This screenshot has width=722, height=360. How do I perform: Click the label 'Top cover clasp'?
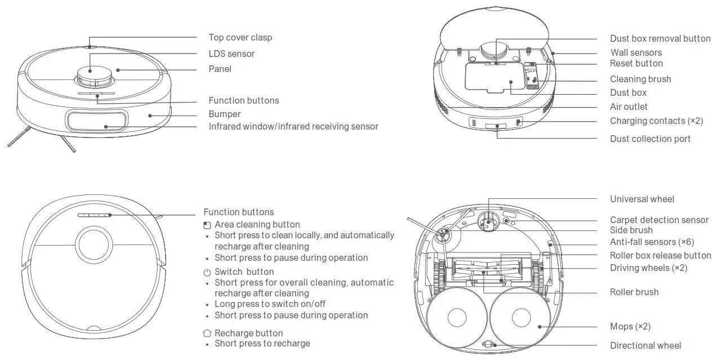pyautogui.click(x=240, y=37)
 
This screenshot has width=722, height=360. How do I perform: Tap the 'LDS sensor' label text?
pyautogui.click(x=231, y=54)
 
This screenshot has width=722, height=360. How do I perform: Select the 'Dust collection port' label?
pyautogui.click(x=650, y=139)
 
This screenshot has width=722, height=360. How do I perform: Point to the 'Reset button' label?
pyautogui.click(x=636, y=63)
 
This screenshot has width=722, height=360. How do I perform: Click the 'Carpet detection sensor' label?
pyautogui.click(x=659, y=220)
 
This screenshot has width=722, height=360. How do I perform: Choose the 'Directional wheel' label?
pyautogui.click(x=645, y=345)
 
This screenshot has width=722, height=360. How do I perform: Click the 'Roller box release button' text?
pyautogui.click(x=660, y=255)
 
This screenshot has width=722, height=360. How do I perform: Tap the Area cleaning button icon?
pyautogui.click(x=207, y=225)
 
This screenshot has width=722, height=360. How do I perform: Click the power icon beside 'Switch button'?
pyautogui.click(x=207, y=272)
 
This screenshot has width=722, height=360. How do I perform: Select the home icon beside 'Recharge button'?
pyautogui.click(x=207, y=334)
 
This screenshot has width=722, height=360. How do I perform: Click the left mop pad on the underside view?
pyautogui.click(x=457, y=318)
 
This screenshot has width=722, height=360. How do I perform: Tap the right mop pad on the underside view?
pyautogui.click(x=521, y=318)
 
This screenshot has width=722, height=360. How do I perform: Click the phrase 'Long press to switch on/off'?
pyautogui.click(x=270, y=304)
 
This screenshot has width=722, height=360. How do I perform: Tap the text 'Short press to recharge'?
pyautogui.click(x=262, y=343)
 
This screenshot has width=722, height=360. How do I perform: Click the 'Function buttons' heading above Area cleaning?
pyautogui.click(x=238, y=212)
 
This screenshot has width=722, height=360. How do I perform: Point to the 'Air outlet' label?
pyautogui.click(x=629, y=106)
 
